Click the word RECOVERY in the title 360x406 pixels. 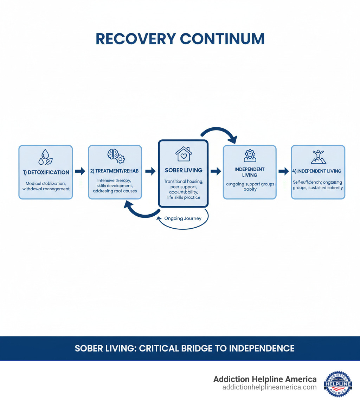135,39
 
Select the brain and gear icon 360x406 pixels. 115,156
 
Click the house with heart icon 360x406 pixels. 183,154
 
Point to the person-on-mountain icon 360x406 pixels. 318,157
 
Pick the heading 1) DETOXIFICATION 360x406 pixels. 45,172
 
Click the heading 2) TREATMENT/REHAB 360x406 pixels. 115,171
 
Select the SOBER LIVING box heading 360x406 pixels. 184,170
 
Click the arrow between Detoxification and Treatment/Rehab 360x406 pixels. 80,171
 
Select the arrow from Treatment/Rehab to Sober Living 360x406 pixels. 150,171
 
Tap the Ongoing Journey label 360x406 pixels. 183,218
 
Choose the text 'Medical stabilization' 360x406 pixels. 45,183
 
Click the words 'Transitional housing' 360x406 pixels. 184,181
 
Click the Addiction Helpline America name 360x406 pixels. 265,379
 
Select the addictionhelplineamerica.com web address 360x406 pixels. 269,387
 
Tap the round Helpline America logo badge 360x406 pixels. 338,383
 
